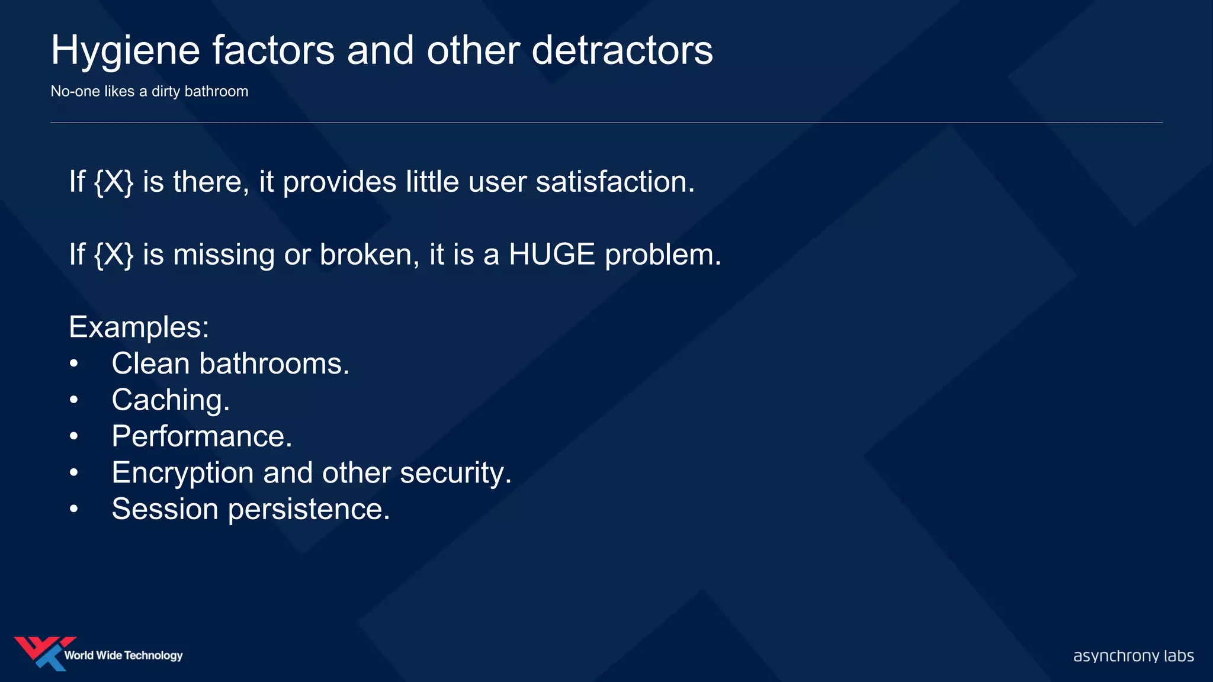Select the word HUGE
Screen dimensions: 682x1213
click(x=551, y=255)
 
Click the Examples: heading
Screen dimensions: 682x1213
click(x=139, y=327)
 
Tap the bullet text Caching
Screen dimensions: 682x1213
click(x=171, y=400)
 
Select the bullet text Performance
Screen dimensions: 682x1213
click(x=201, y=436)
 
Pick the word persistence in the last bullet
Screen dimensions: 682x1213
click(x=309, y=509)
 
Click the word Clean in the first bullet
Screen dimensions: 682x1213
click(x=150, y=363)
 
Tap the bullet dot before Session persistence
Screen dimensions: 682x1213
click(x=73, y=509)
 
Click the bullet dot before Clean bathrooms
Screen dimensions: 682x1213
click(x=73, y=363)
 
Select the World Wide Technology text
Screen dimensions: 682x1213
click(x=123, y=655)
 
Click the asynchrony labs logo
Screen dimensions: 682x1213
click(x=1133, y=656)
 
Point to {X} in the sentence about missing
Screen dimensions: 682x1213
click(x=114, y=255)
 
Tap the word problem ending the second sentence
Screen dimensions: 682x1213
click(x=662, y=255)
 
